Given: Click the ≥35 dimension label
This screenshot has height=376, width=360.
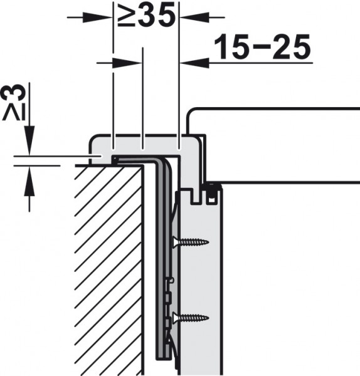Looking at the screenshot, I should click(145, 15).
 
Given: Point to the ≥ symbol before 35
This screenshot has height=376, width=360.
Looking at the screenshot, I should click(125, 16).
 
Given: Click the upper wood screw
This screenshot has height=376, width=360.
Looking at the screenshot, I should click(191, 241).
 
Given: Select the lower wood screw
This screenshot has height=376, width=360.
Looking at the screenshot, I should click(191, 317).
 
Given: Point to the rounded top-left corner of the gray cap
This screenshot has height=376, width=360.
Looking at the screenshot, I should click(94, 138).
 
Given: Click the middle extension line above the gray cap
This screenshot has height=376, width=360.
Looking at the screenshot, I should click(144, 100).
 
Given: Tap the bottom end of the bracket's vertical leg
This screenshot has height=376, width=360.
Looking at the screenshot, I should click(162, 358).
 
